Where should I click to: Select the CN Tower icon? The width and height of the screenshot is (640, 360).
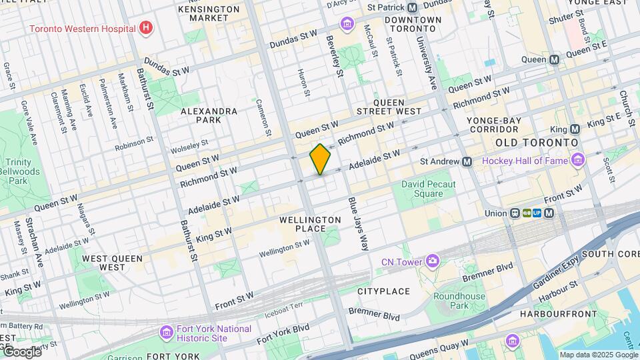[433, 261]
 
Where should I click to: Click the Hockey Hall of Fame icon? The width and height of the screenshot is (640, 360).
[577, 160]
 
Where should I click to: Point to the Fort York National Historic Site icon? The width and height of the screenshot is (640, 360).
[166, 332]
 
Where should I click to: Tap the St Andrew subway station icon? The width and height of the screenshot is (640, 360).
[467, 161]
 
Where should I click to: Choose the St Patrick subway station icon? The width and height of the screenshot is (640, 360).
[412, 7]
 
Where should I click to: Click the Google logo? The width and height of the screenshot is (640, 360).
[21, 351]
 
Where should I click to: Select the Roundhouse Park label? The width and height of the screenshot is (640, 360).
[460, 301]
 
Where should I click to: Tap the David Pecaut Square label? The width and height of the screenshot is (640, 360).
[431, 189]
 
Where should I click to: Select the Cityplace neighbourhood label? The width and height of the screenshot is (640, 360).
[383, 291]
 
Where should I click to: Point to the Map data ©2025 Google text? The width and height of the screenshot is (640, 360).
[598, 355]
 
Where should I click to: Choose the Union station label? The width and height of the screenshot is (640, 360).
[496, 213]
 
